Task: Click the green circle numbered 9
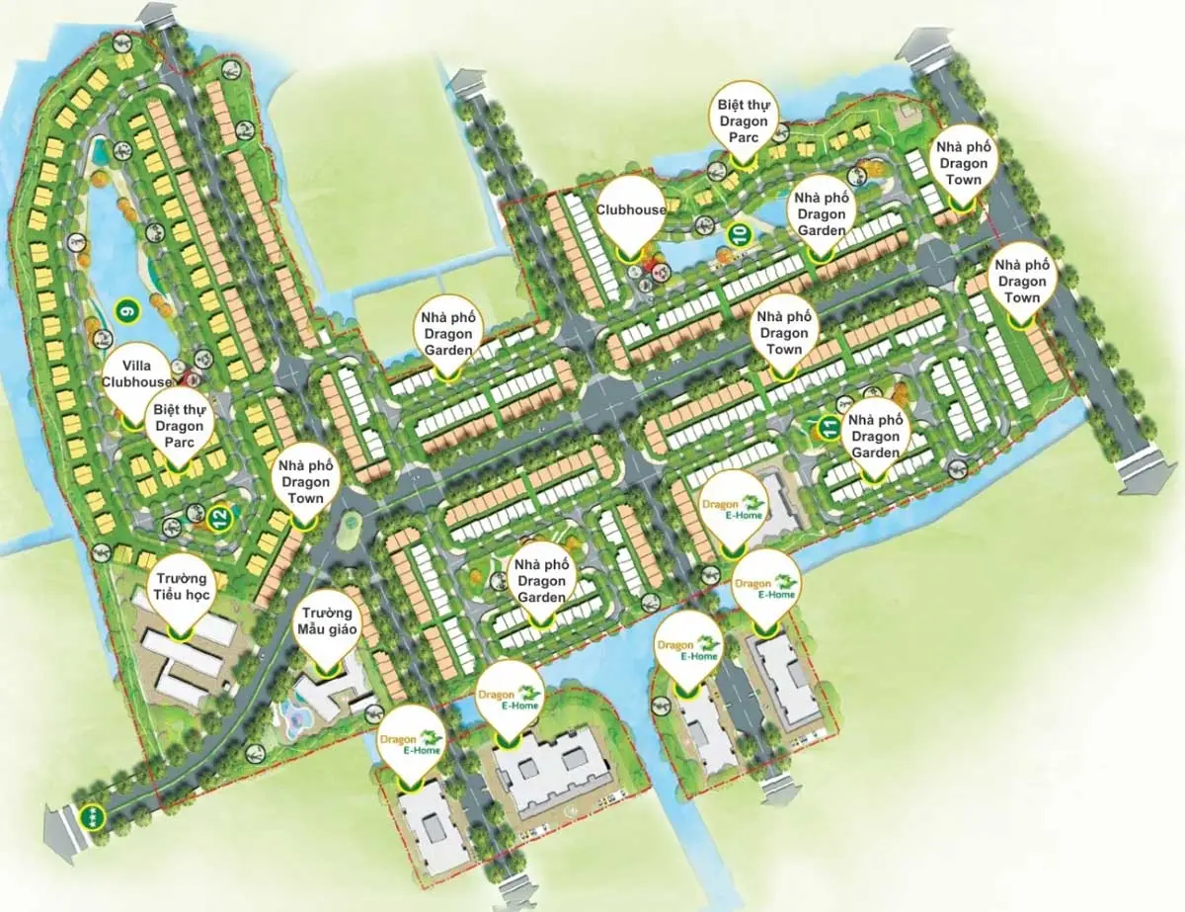[125, 309]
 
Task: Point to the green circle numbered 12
[219, 515]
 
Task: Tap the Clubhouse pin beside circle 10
[630, 210]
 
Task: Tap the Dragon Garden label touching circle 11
[875, 436]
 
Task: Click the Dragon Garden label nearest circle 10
[818, 213]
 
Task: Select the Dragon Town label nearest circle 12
[305, 480]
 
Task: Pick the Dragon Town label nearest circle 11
[784, 332]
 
